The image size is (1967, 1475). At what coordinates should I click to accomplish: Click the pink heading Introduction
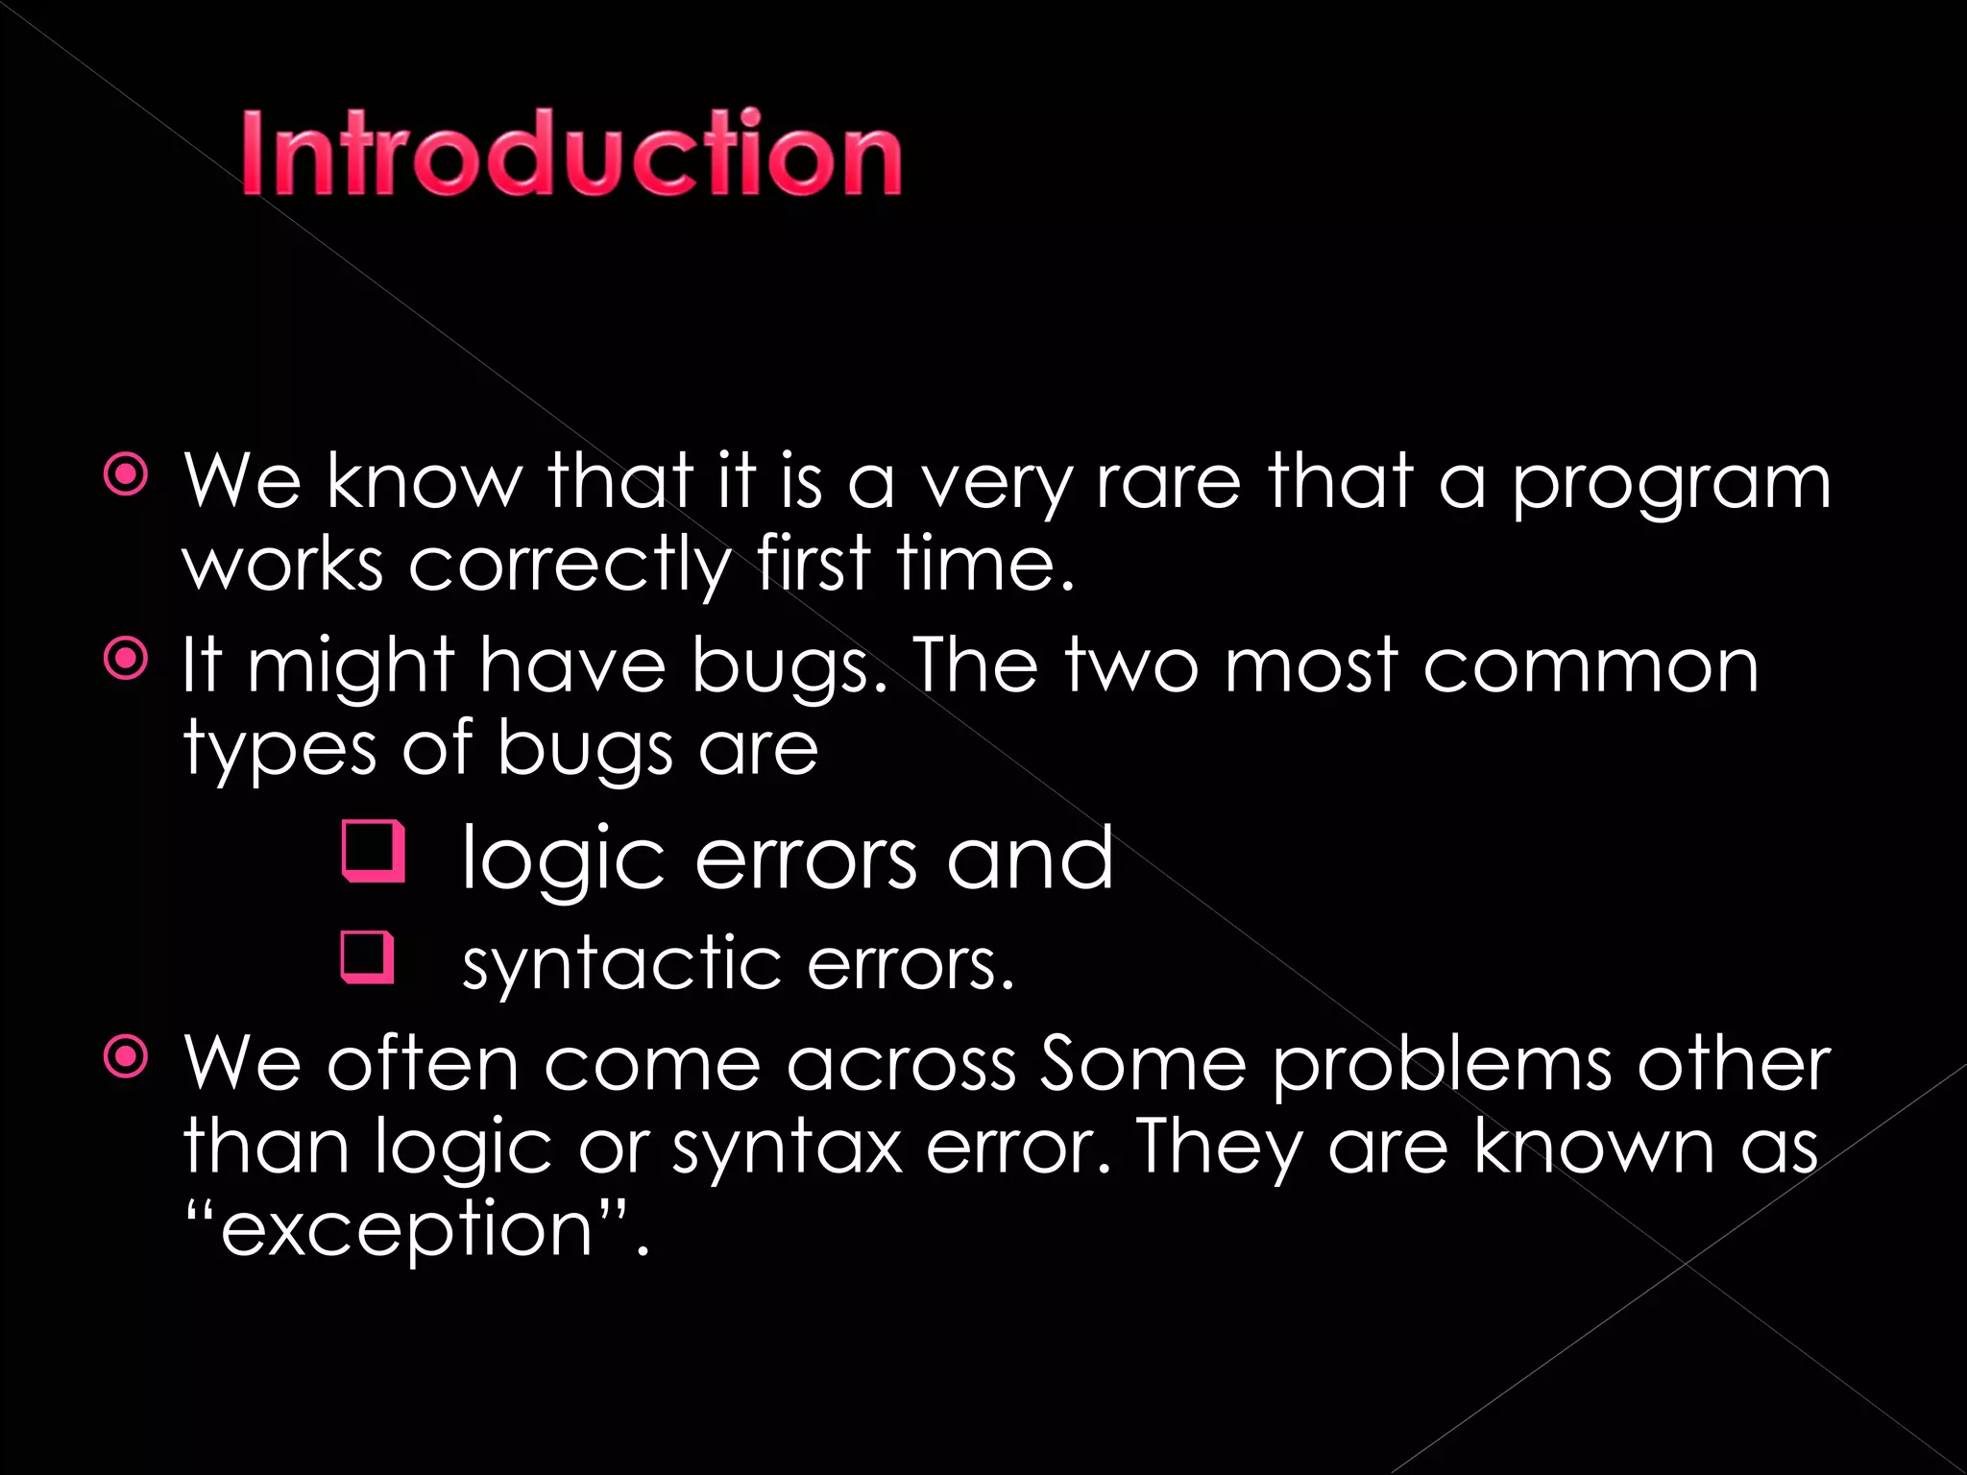pyautogui.click(x=571, y=154)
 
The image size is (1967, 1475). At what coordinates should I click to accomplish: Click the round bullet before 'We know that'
pyautogui.click(x=126, y=475)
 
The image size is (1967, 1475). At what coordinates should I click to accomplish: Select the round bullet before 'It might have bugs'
pyautogui.click(x=126, y=659)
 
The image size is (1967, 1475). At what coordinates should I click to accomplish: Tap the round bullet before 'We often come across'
pyautogui.click(x=126, y=1057)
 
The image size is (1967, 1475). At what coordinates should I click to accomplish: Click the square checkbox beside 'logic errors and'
pyautogui.click(x=373, y=852)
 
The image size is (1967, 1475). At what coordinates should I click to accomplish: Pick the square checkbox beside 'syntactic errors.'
pyautogui.click(x=368, y=957)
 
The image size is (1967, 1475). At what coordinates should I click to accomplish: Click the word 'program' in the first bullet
pyautogui.click(x=1672, y=483)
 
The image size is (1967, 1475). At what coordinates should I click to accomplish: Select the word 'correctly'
pyautogui.click(x=571, y=565)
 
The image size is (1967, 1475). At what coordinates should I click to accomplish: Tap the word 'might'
pyautogui.click(x=351, y=666)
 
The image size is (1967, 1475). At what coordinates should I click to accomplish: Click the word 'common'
pyautogui.click(x=1591, y=665)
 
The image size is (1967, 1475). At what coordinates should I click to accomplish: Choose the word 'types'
pyautogui.click(x=279, y=750)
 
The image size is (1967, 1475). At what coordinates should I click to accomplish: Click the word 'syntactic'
pyautogui.click(x=620, y=963)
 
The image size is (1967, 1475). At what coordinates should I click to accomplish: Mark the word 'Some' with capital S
pyautogui.click(x=1143, y=1064)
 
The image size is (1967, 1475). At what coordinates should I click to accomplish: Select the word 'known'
pyautogui.click(x=1594, y=1146)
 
